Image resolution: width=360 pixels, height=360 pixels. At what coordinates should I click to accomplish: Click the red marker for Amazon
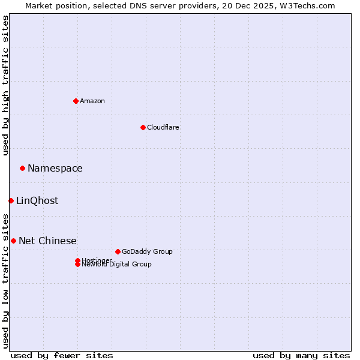(x=76, y=101)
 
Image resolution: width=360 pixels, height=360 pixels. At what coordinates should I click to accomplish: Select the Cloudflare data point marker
(x=143, y=127)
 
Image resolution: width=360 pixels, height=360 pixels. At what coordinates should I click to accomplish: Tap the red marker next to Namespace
(x=22, y=168)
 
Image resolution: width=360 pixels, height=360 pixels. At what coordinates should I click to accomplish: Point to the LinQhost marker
(x=11, y=200)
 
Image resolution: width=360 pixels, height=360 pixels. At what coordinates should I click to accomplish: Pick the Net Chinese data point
(x=13, y=241)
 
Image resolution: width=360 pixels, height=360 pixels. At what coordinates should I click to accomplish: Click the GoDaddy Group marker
(x=118, y=251)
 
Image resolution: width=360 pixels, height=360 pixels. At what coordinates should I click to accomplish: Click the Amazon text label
(x=92, y=101)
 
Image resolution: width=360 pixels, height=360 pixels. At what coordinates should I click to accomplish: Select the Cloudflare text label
(x=163, y=127)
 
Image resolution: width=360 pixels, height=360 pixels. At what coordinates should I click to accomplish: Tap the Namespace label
(x=55, y=169)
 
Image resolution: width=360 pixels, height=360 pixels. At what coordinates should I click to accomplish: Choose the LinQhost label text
(x=37, y=201)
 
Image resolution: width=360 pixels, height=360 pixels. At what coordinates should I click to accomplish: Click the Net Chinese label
(x=47, y=241)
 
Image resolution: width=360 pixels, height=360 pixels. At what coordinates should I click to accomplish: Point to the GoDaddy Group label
(x=147, y=251)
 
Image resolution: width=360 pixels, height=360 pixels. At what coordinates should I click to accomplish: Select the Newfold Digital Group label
(x=117, y=265)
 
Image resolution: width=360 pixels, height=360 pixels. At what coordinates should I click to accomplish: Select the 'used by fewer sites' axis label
(x=62, y=355)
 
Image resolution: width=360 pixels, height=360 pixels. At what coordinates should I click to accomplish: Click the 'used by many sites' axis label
(x=301, y=355)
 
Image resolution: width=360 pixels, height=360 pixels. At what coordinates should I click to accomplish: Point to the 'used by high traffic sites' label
(x=6, y=86)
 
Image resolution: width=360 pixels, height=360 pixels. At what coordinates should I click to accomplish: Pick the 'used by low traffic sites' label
(x=6, y=280)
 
